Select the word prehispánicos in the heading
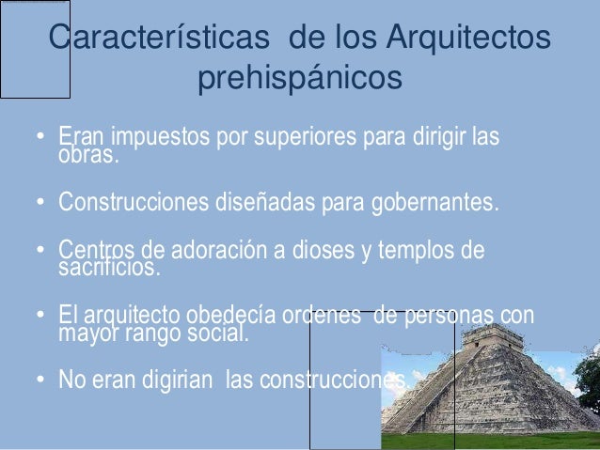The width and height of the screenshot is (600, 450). click(x=299, y=80)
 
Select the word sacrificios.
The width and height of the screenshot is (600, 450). click(x=109, y=269)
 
